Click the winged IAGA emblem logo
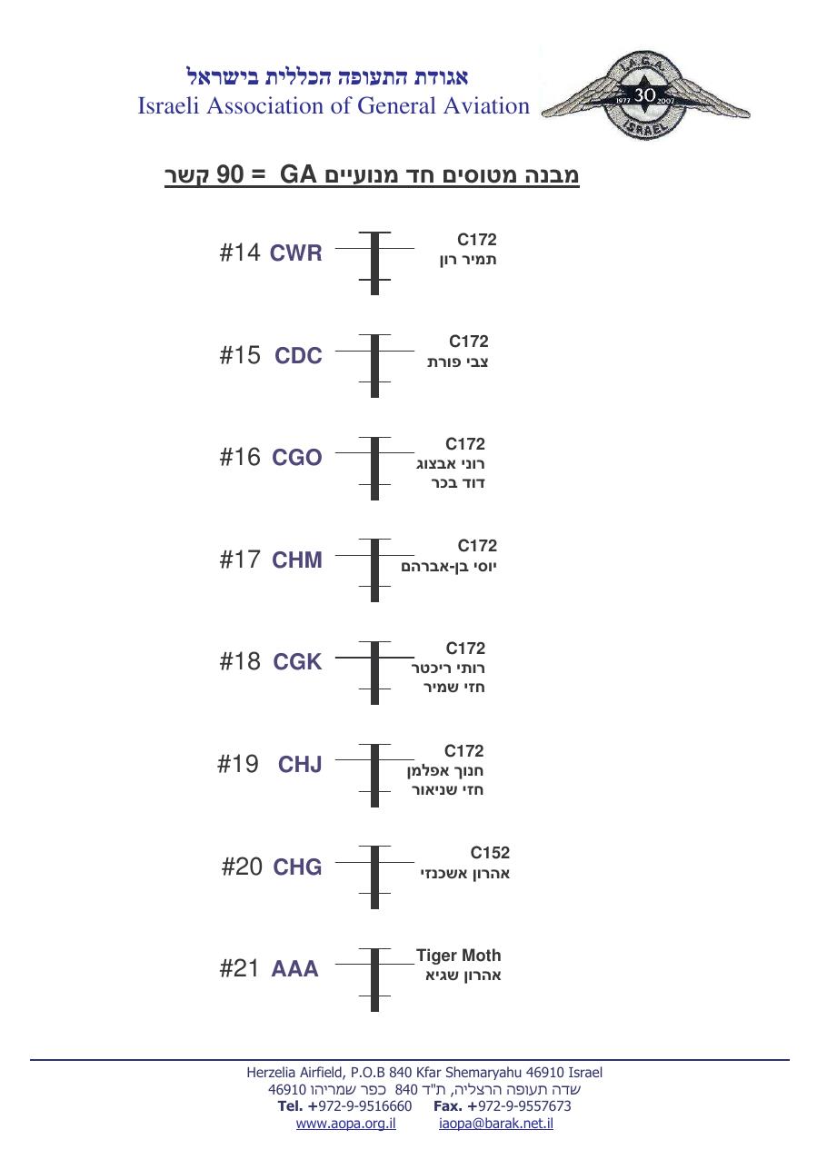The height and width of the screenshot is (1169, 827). tap(646, 95)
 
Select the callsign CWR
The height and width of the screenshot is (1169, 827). tap(295, 253)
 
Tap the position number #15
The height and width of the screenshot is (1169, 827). tap(240, 355)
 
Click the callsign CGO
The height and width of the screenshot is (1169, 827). tap(296, 458)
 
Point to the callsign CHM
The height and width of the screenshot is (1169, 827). tap(296, 560)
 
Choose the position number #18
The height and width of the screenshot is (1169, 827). tap(240, 661)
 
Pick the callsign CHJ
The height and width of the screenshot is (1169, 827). tap(300, 765)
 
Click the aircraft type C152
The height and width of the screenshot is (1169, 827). tap(490, 852)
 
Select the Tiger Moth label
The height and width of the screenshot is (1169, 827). tap(458, 955)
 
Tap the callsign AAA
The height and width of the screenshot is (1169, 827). tap(294, 968)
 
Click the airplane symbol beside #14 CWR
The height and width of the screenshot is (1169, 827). tap(374, 263)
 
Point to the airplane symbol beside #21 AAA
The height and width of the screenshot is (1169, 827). tap(374, 979)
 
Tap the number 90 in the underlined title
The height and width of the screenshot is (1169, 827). tap(230, 174)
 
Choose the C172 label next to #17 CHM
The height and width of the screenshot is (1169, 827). tap(477, 545)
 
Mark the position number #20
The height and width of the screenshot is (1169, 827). tap(242, 867)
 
